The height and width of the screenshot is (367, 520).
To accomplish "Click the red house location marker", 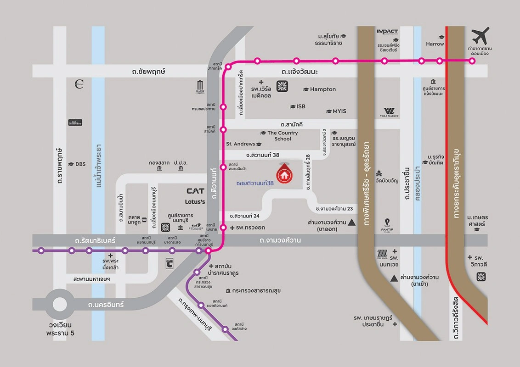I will [283, 173].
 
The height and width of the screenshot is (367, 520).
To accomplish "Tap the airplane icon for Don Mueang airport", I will [480, 36].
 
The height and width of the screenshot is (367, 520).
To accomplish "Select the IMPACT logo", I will [387, 32].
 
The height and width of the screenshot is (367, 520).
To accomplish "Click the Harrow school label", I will [435, 44].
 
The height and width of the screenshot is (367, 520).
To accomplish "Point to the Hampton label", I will [322, 89].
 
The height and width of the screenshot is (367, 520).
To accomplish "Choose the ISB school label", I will [300, 106].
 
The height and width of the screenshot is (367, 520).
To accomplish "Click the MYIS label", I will [339, 111].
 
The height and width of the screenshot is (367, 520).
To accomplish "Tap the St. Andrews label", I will [240, 144].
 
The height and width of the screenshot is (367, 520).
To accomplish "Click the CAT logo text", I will [195, 191].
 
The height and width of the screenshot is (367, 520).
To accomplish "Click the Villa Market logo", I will [390, 112].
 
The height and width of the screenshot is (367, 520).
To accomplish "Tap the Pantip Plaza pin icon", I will [387, 222].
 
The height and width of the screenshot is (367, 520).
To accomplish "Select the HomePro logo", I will [75, 122].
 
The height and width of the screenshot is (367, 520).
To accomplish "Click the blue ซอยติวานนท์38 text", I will [255, 183].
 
